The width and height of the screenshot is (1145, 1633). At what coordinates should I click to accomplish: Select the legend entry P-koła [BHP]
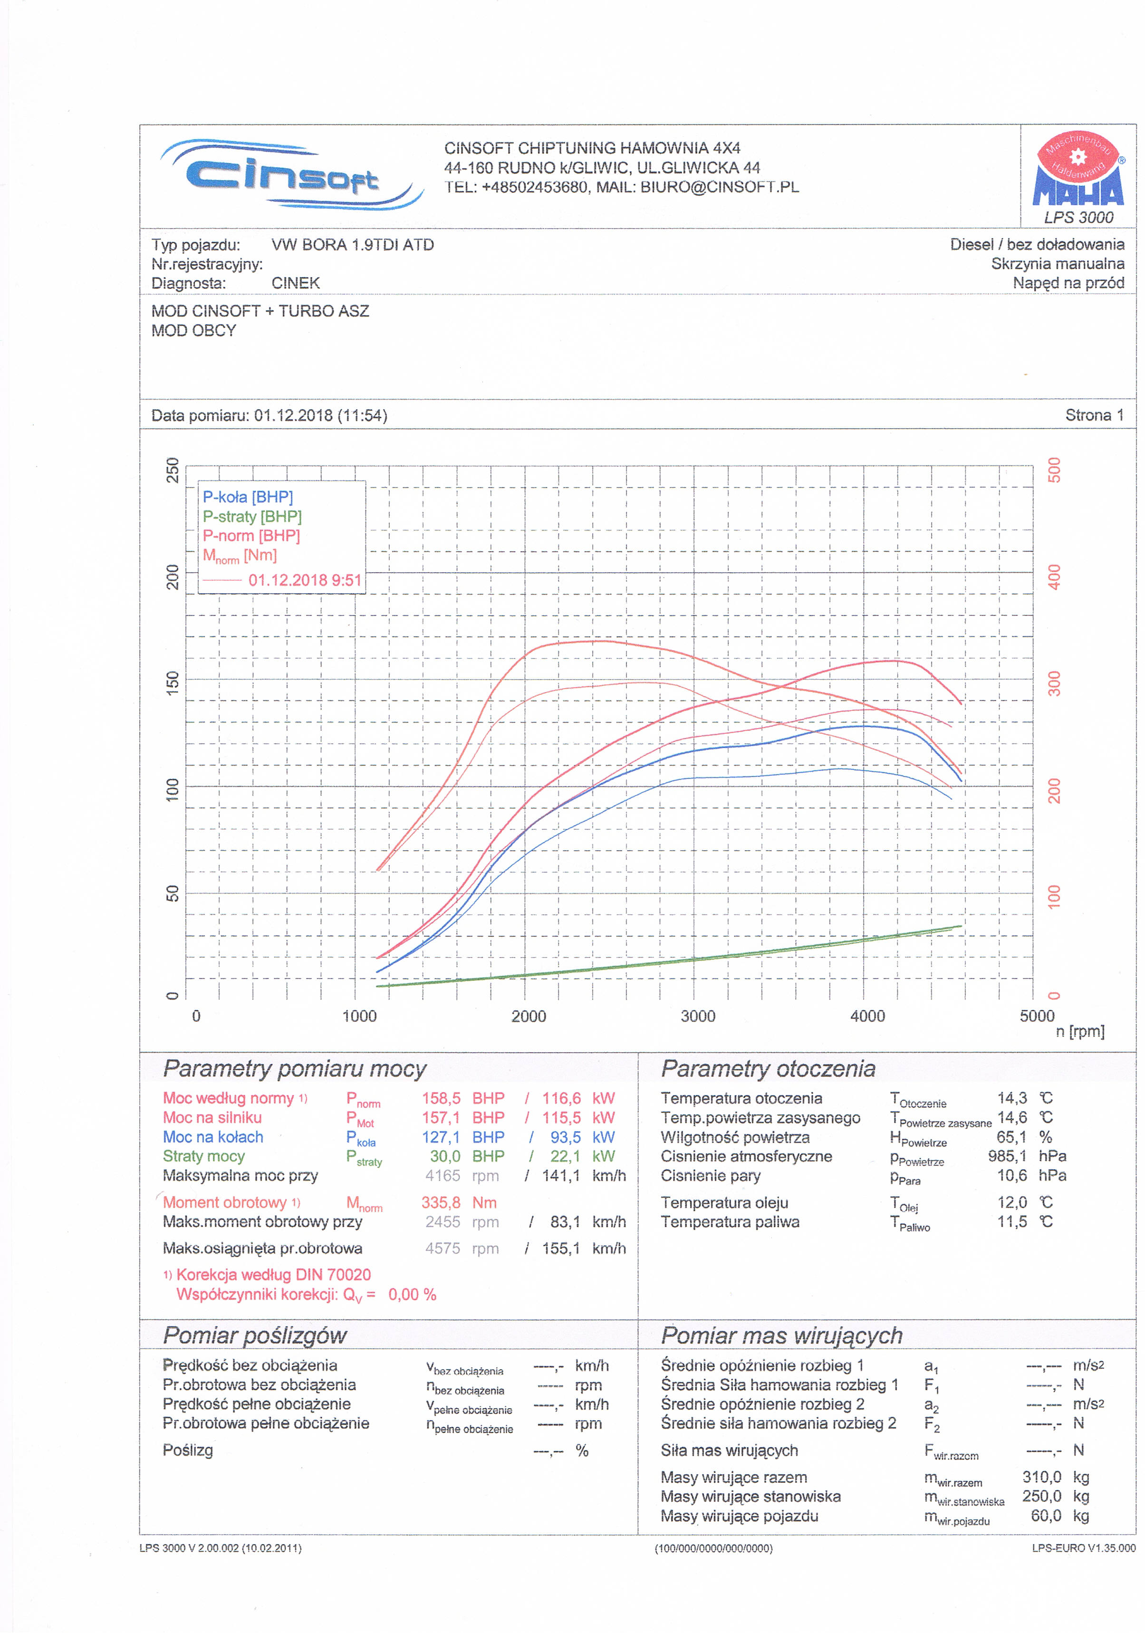click(x=248, y=497)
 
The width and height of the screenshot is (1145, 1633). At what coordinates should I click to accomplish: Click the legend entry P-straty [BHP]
click(x=252, y=516)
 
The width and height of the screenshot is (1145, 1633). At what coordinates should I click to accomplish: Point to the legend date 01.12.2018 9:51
click(x=304, y=580)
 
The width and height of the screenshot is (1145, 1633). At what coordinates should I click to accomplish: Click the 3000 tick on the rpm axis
click(x=698, y=1016)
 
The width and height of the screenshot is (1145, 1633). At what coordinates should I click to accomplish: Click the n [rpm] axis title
click(x=1079, y=1031)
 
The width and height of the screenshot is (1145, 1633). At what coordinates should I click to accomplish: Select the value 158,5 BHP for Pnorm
click(x=462, y=1098)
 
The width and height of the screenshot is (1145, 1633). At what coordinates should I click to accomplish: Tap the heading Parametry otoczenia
click(x=768, y=1069)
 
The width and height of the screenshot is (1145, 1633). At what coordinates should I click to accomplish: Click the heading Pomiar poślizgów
click(x=255, y=1335)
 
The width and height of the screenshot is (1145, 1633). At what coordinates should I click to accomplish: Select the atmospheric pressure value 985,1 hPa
click(x=1026, y=1156)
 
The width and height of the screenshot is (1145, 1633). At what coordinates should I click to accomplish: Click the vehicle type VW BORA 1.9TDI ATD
click(x=352, y=245)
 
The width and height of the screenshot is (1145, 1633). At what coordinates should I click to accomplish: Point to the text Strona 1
click(x=1094, y=415)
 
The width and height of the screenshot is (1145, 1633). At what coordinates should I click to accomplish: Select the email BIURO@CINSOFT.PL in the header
click(x=719, y=187)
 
